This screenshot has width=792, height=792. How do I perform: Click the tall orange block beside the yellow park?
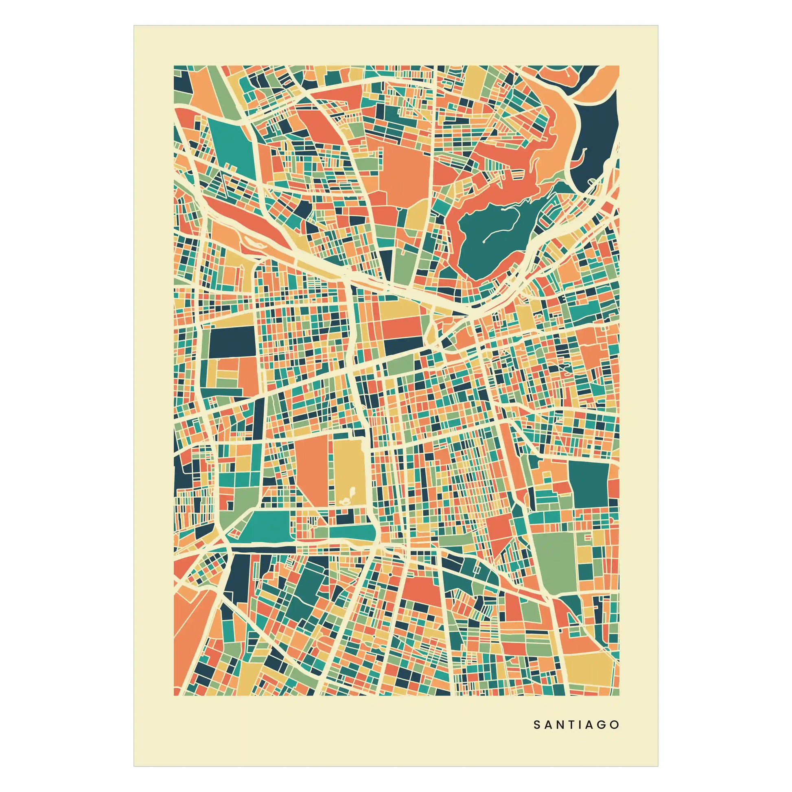312,471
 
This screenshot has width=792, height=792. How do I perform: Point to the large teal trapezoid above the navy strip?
269,525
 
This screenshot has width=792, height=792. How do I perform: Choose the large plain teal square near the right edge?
589,484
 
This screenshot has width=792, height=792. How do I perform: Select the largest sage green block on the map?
556,562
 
